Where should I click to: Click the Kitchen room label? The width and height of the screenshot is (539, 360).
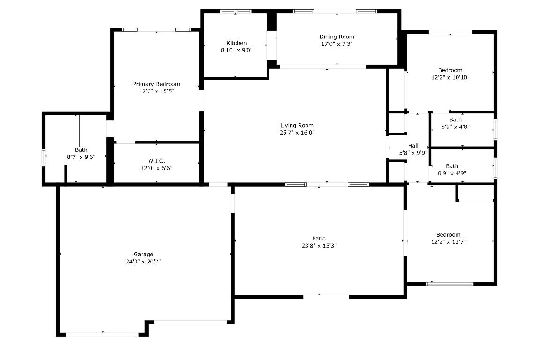pyautogui.click(x=236, y=43)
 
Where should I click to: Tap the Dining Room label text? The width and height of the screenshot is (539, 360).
pyautogui.click(x=337, y=37)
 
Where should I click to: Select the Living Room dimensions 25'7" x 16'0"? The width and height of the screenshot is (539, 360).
pyautogui.click(x=297, y=133)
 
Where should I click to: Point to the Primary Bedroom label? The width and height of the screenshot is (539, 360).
pyautogui.click(x=156, y=84)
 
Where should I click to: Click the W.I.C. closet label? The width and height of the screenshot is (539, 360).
pyautogui.click(x=156, y=161)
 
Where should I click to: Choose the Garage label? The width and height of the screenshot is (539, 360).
pyautogui.click(x=143, y=255)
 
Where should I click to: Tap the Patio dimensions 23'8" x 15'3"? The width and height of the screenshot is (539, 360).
pyautogui.click(x=319, y=246)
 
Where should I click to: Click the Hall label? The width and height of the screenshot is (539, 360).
pyautogui.click(x=413, y=146)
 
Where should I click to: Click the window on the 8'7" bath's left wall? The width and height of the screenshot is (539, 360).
pyautogui.click(x=44, y=157)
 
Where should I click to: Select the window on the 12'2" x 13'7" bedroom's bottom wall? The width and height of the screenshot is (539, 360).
pyautogui.click(x=449, y=284)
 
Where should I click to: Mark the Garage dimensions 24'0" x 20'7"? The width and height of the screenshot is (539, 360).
pyautogui.click(x=143, y=262)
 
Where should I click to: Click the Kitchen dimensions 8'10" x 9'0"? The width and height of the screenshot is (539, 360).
pyautogui.click(x=236, y=50)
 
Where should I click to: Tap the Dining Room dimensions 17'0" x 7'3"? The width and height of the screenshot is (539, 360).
pyautogui.click(x=337, y=44)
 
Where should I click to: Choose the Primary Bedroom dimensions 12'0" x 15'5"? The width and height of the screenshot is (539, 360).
pyautogui.click(x=156, y=92)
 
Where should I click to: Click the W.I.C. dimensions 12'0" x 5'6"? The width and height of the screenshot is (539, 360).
pyautogui.click(x=156, y=168)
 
